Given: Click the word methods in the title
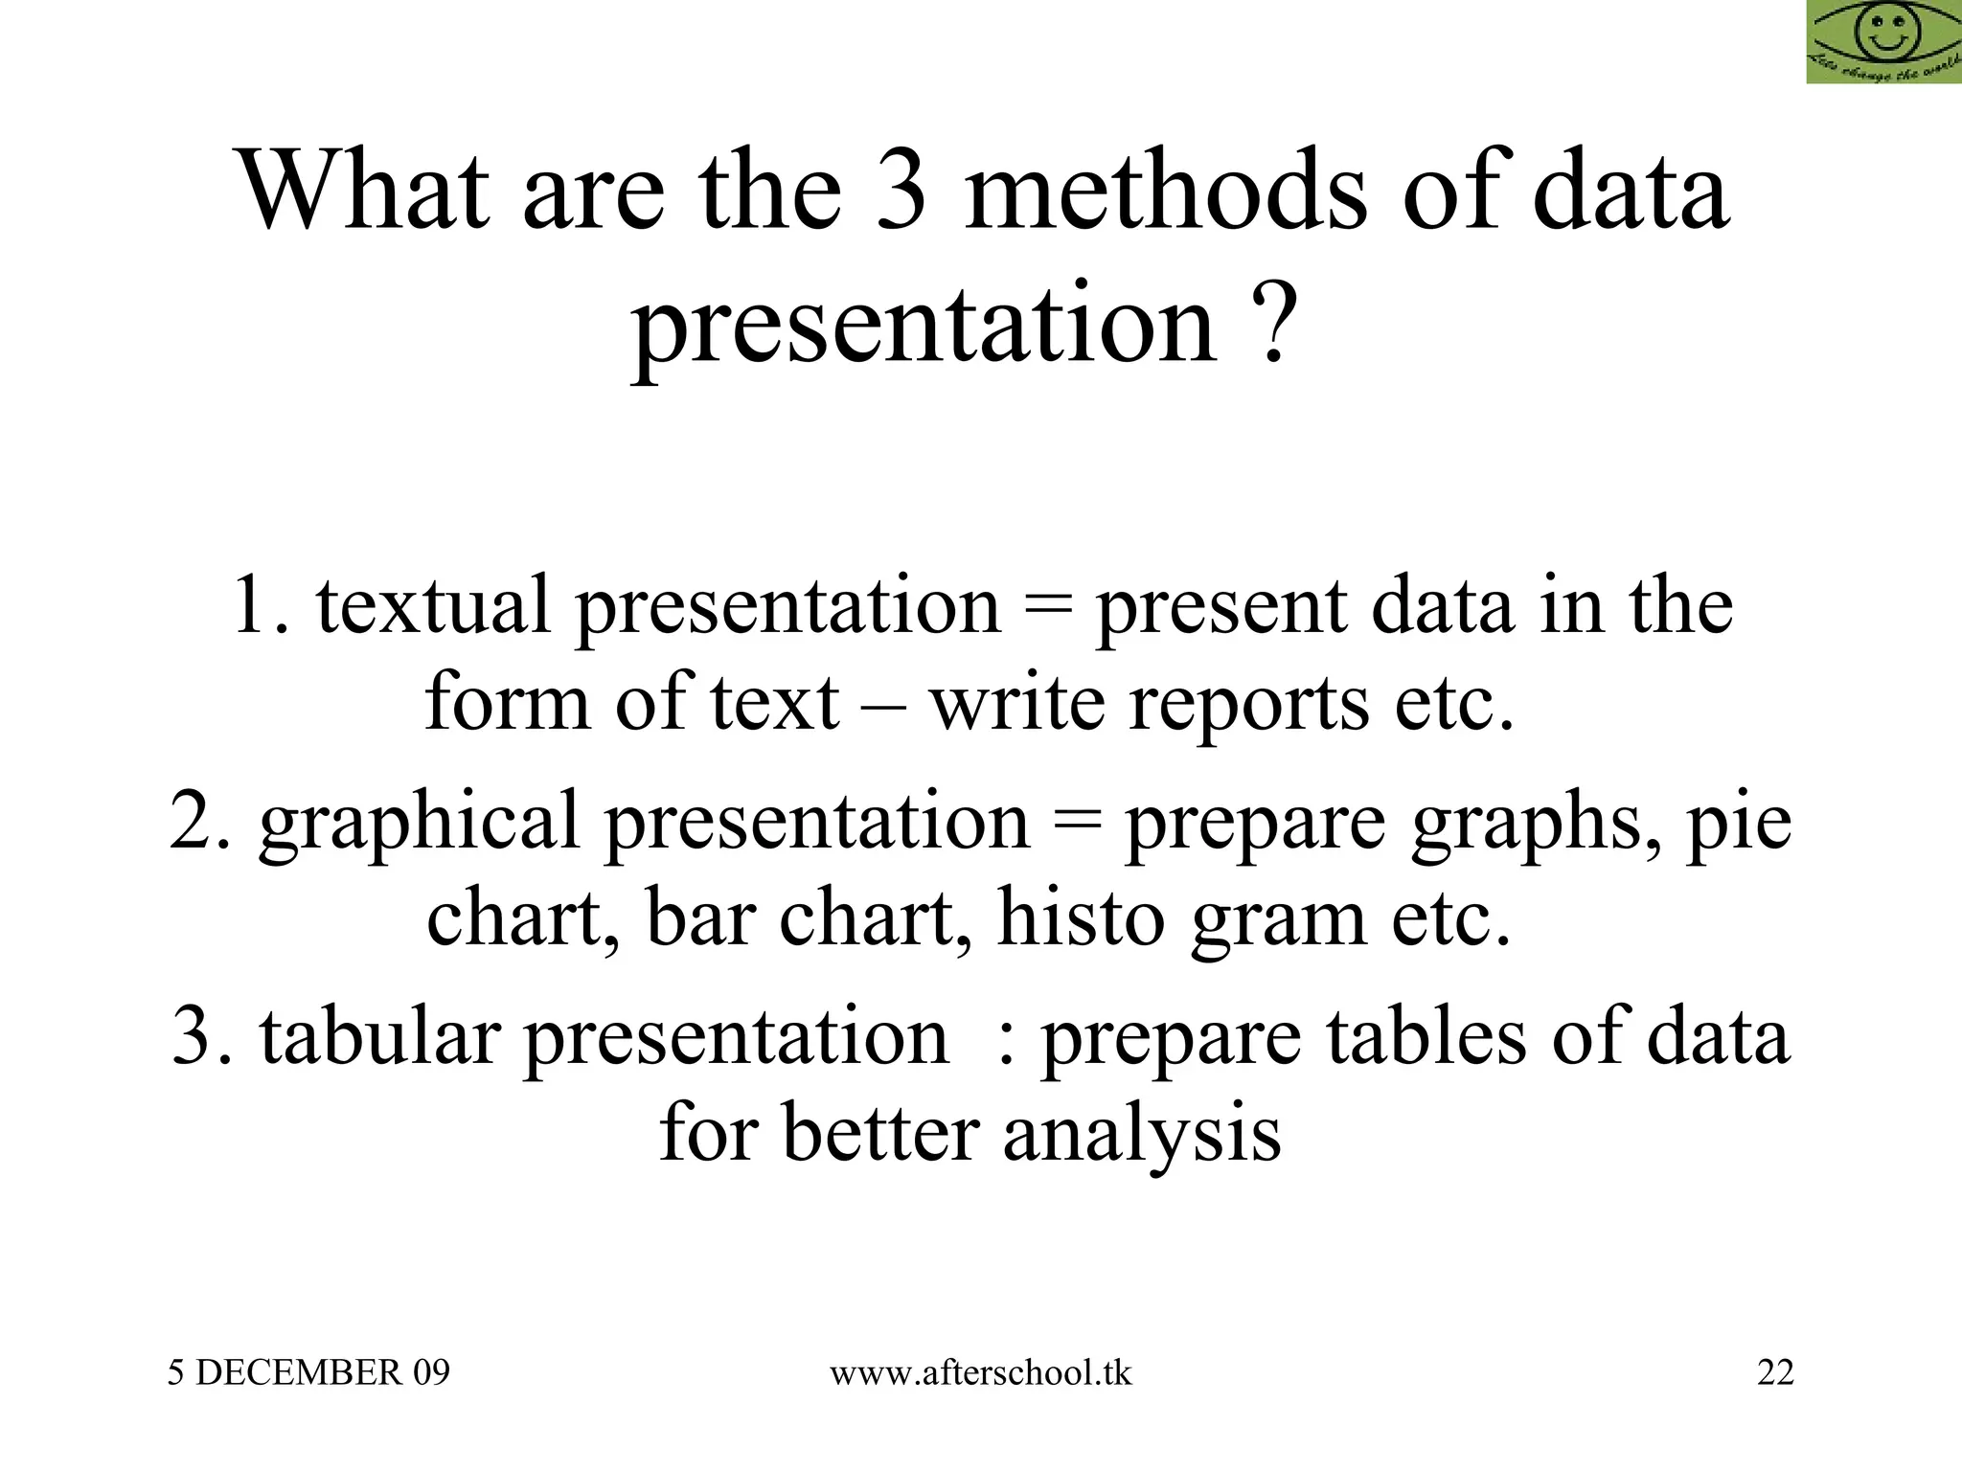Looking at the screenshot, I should point(1165,192).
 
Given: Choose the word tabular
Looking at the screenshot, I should point(380,1038).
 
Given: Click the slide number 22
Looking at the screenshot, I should point(1775,1373).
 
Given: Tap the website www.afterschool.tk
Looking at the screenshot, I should point(980,1373).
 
